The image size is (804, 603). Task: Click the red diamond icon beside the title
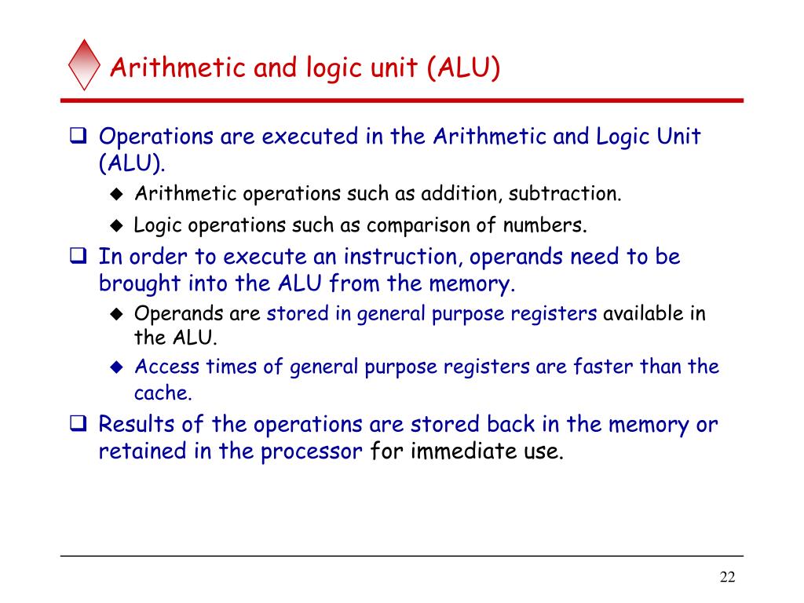tap(84, 65)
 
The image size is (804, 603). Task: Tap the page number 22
tap(727, 577)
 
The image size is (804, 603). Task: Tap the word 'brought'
tap(140, 284)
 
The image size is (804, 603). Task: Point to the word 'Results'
tap(137, 425)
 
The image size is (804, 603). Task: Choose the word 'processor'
tap(311, 452)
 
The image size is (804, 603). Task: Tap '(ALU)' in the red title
tap(463, 68)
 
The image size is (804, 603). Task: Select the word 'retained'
tap(142, 451)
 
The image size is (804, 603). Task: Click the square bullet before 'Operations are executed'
tap(78, 136)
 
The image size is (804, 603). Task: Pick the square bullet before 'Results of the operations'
tap(78, 423)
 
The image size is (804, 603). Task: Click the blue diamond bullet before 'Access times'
tap(117, 367)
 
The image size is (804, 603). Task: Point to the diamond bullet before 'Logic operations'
tap(117, 225)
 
